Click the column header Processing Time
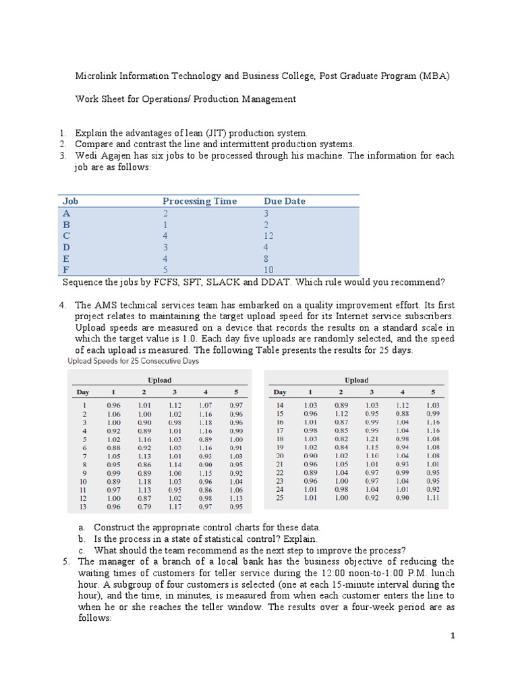tap(200, 201)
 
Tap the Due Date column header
tap(285, 201)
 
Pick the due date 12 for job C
tap(269, 236)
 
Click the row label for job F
tap(65, 270)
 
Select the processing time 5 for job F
tap(165, 270)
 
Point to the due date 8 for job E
tap(267, 258)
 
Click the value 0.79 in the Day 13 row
tap(144, 507)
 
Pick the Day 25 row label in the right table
tap(280, 497)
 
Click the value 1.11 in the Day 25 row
tap(432, 497)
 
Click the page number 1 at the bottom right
tap(453, 636)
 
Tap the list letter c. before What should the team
tap(81, 550)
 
